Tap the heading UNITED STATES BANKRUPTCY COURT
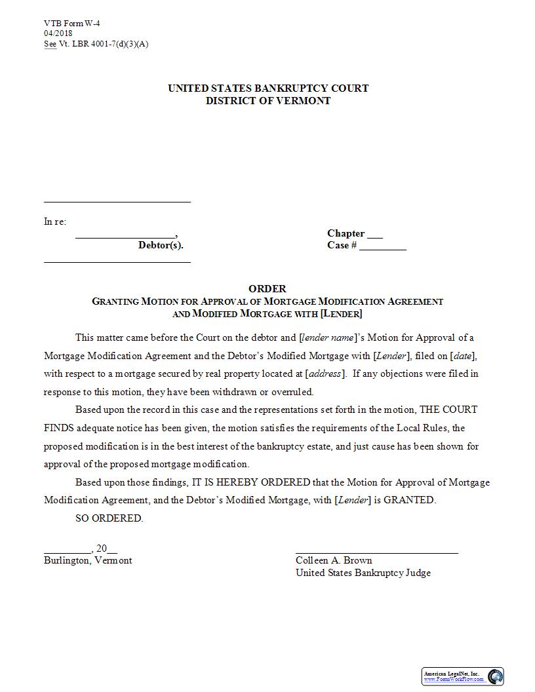click(268, 88)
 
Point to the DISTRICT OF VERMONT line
click(268, 101)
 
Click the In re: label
click(55, 221)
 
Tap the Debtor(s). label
click(161, 246)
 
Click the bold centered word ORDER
click(267, 288)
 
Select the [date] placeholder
click(464, 356)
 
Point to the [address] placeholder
click(325, 374)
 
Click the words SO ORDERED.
click(109, 518)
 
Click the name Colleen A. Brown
click(334, 560)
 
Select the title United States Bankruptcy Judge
click(363, 573)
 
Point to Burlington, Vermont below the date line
click(88, 560)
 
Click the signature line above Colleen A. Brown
click(376, 552)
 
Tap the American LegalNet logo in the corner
click(462, 676)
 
